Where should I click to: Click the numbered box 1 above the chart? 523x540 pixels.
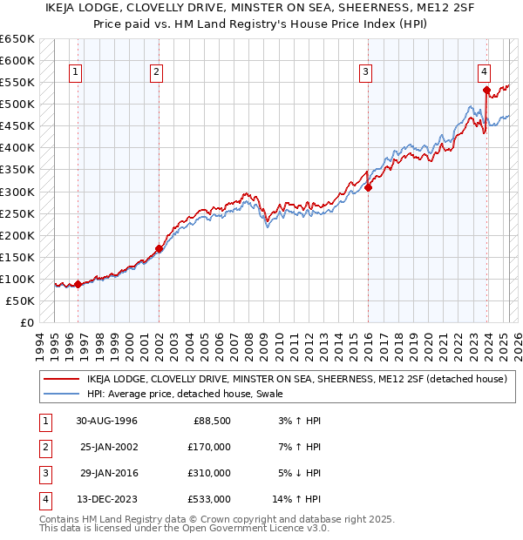(77, 72)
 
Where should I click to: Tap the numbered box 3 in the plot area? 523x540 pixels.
(366, 72)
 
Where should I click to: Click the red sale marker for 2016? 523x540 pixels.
(368, 186)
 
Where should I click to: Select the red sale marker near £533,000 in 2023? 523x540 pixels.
(486, 89)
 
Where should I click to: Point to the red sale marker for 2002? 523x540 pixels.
(160, 248)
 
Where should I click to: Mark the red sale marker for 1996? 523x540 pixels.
(78, 284)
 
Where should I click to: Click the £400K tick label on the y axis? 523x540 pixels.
(17, 148)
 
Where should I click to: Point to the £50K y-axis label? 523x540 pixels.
(21, 300)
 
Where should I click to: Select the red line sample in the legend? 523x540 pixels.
(61, 379)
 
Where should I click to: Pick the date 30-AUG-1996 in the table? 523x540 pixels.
(107, 421)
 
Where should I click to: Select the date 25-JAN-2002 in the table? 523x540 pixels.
(107, 447)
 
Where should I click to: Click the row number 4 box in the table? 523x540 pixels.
(44, 499)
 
